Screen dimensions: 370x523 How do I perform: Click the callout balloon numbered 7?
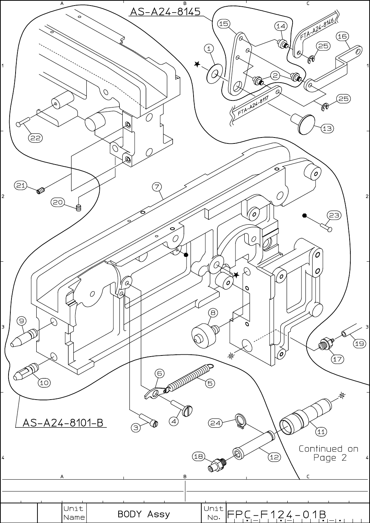tap(157, 186)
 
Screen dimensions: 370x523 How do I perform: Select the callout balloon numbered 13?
tap(327, 128)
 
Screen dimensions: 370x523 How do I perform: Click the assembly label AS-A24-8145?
tap(165, 11)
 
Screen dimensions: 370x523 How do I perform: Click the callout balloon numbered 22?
tap(36, 138)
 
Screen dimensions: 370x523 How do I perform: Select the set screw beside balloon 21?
tap(41, 191)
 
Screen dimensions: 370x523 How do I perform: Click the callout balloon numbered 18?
tap(199, 456)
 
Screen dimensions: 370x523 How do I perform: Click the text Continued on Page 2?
tap(328, 453)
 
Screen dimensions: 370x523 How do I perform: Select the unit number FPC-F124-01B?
tap(276, 514)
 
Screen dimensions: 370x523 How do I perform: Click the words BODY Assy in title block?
tap(143, 514)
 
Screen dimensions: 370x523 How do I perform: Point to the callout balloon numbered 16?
tap(342, 36)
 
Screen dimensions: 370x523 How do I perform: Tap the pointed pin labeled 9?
tap(24, 338)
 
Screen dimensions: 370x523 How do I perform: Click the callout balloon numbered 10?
tap(44, 389)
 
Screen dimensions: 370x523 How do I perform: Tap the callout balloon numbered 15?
tap(224, 24)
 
